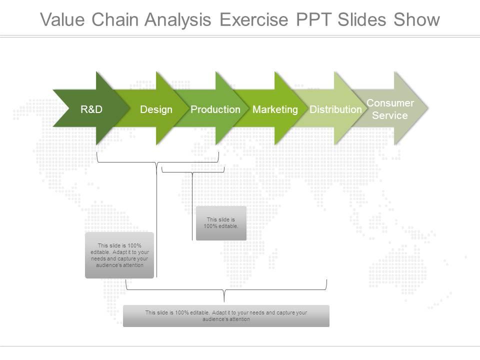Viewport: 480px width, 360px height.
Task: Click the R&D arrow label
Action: (x=91, y=109)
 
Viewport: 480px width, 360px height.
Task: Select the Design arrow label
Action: (x=156, y=109)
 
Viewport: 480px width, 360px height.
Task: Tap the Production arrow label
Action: (x=215, y=109)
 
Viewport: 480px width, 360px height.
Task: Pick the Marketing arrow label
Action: (x=275, y=109)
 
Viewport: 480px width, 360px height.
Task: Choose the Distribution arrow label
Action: (x=335, y=109)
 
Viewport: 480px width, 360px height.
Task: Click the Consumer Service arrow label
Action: (x=390, y=109)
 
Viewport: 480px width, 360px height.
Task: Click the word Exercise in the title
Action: (x=254, y=19)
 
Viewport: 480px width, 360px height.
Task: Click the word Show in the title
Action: (x=416, y=19)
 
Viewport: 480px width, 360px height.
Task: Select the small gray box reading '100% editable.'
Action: (x=221, y=223)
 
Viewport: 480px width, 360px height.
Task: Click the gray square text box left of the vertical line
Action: (x=119, y=255)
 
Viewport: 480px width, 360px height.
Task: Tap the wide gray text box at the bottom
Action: (x=226, y=315)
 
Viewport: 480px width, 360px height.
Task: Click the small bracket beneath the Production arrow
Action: (x=193, y=171)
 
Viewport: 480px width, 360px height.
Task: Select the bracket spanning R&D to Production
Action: (x=157, y=162)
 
